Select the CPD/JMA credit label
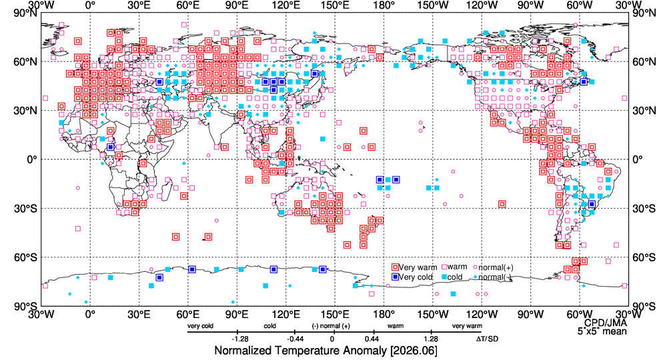[x=606, y=323]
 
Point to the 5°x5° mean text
[x=602, y=331]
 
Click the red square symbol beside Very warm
[x=395, y=267]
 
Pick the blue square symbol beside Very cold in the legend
[x=395, y=277]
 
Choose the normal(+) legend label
[x=496, y=268]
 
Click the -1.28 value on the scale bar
[x=240, y=339]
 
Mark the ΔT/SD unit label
[x=487, y=339]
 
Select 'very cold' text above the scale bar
[x=200, y=326]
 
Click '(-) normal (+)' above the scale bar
[x=331, y=326]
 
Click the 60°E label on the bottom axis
[x=188, y=315]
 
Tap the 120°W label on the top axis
[x=482, y=5]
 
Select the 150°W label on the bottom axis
[x=433, y=315]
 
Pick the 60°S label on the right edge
[x=644, y=257]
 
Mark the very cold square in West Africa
[x=111, y=147]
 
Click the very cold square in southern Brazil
[x=592, y=205]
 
